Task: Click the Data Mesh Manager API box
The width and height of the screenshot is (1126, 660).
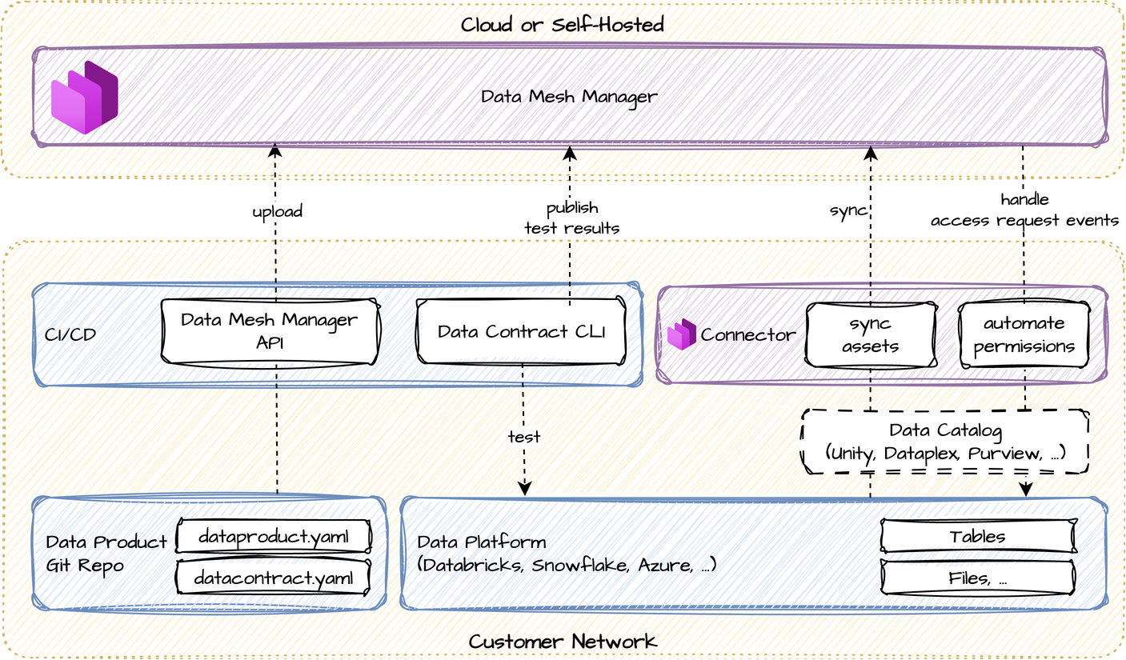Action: pyautogui.click(x=270, y=331)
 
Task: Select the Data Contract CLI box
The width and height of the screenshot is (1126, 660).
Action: pyautogui.click(x=521, y=331)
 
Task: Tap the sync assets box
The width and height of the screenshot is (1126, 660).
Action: pyautogui.click(x=871, y=335)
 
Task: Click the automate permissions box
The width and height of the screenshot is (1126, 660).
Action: pyautogui.click(x=1024, y=335)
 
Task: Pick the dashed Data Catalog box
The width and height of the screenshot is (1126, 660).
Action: pyautogui.click(x=945, y=442)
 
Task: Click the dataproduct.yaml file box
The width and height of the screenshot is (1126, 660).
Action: pyautogui.click(x=274, y=536)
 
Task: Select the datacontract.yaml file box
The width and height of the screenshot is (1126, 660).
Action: pyautogui.click(x=274, y=577)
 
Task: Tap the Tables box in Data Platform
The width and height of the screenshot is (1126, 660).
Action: pyautogui.click(x=977, y=536)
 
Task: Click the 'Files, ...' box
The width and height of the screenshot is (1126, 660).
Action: pyautogui.click(x=977, y=577)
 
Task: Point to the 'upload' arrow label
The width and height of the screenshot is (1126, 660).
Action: pyautogui.click(x=277, y=211)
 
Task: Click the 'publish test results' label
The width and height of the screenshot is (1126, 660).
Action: pyautogui.click(x=571, y=218)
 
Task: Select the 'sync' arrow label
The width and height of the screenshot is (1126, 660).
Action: pyautogui.click(x=848, y=210)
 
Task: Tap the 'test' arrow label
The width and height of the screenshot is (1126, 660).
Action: pyautogui.click(x=524, y=437)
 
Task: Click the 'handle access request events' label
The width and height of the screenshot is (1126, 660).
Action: pyautogui.click(x=1024, y=210)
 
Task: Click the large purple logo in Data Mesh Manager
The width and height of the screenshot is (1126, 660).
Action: pyautogui.click(x=85, y=97)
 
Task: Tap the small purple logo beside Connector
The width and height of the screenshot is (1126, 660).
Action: pyautogui.click(x=682, y=334)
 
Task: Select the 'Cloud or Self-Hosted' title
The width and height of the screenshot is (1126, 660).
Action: pyautogui.click(x=563, y=25)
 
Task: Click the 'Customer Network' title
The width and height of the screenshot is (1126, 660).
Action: pyautogui.click(x=563, y=641)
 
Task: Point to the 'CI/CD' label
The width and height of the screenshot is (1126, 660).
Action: pyautogui.click(x=70, y=334)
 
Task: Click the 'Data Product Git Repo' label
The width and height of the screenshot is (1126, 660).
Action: pyautogui.click(x=106, y=554)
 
